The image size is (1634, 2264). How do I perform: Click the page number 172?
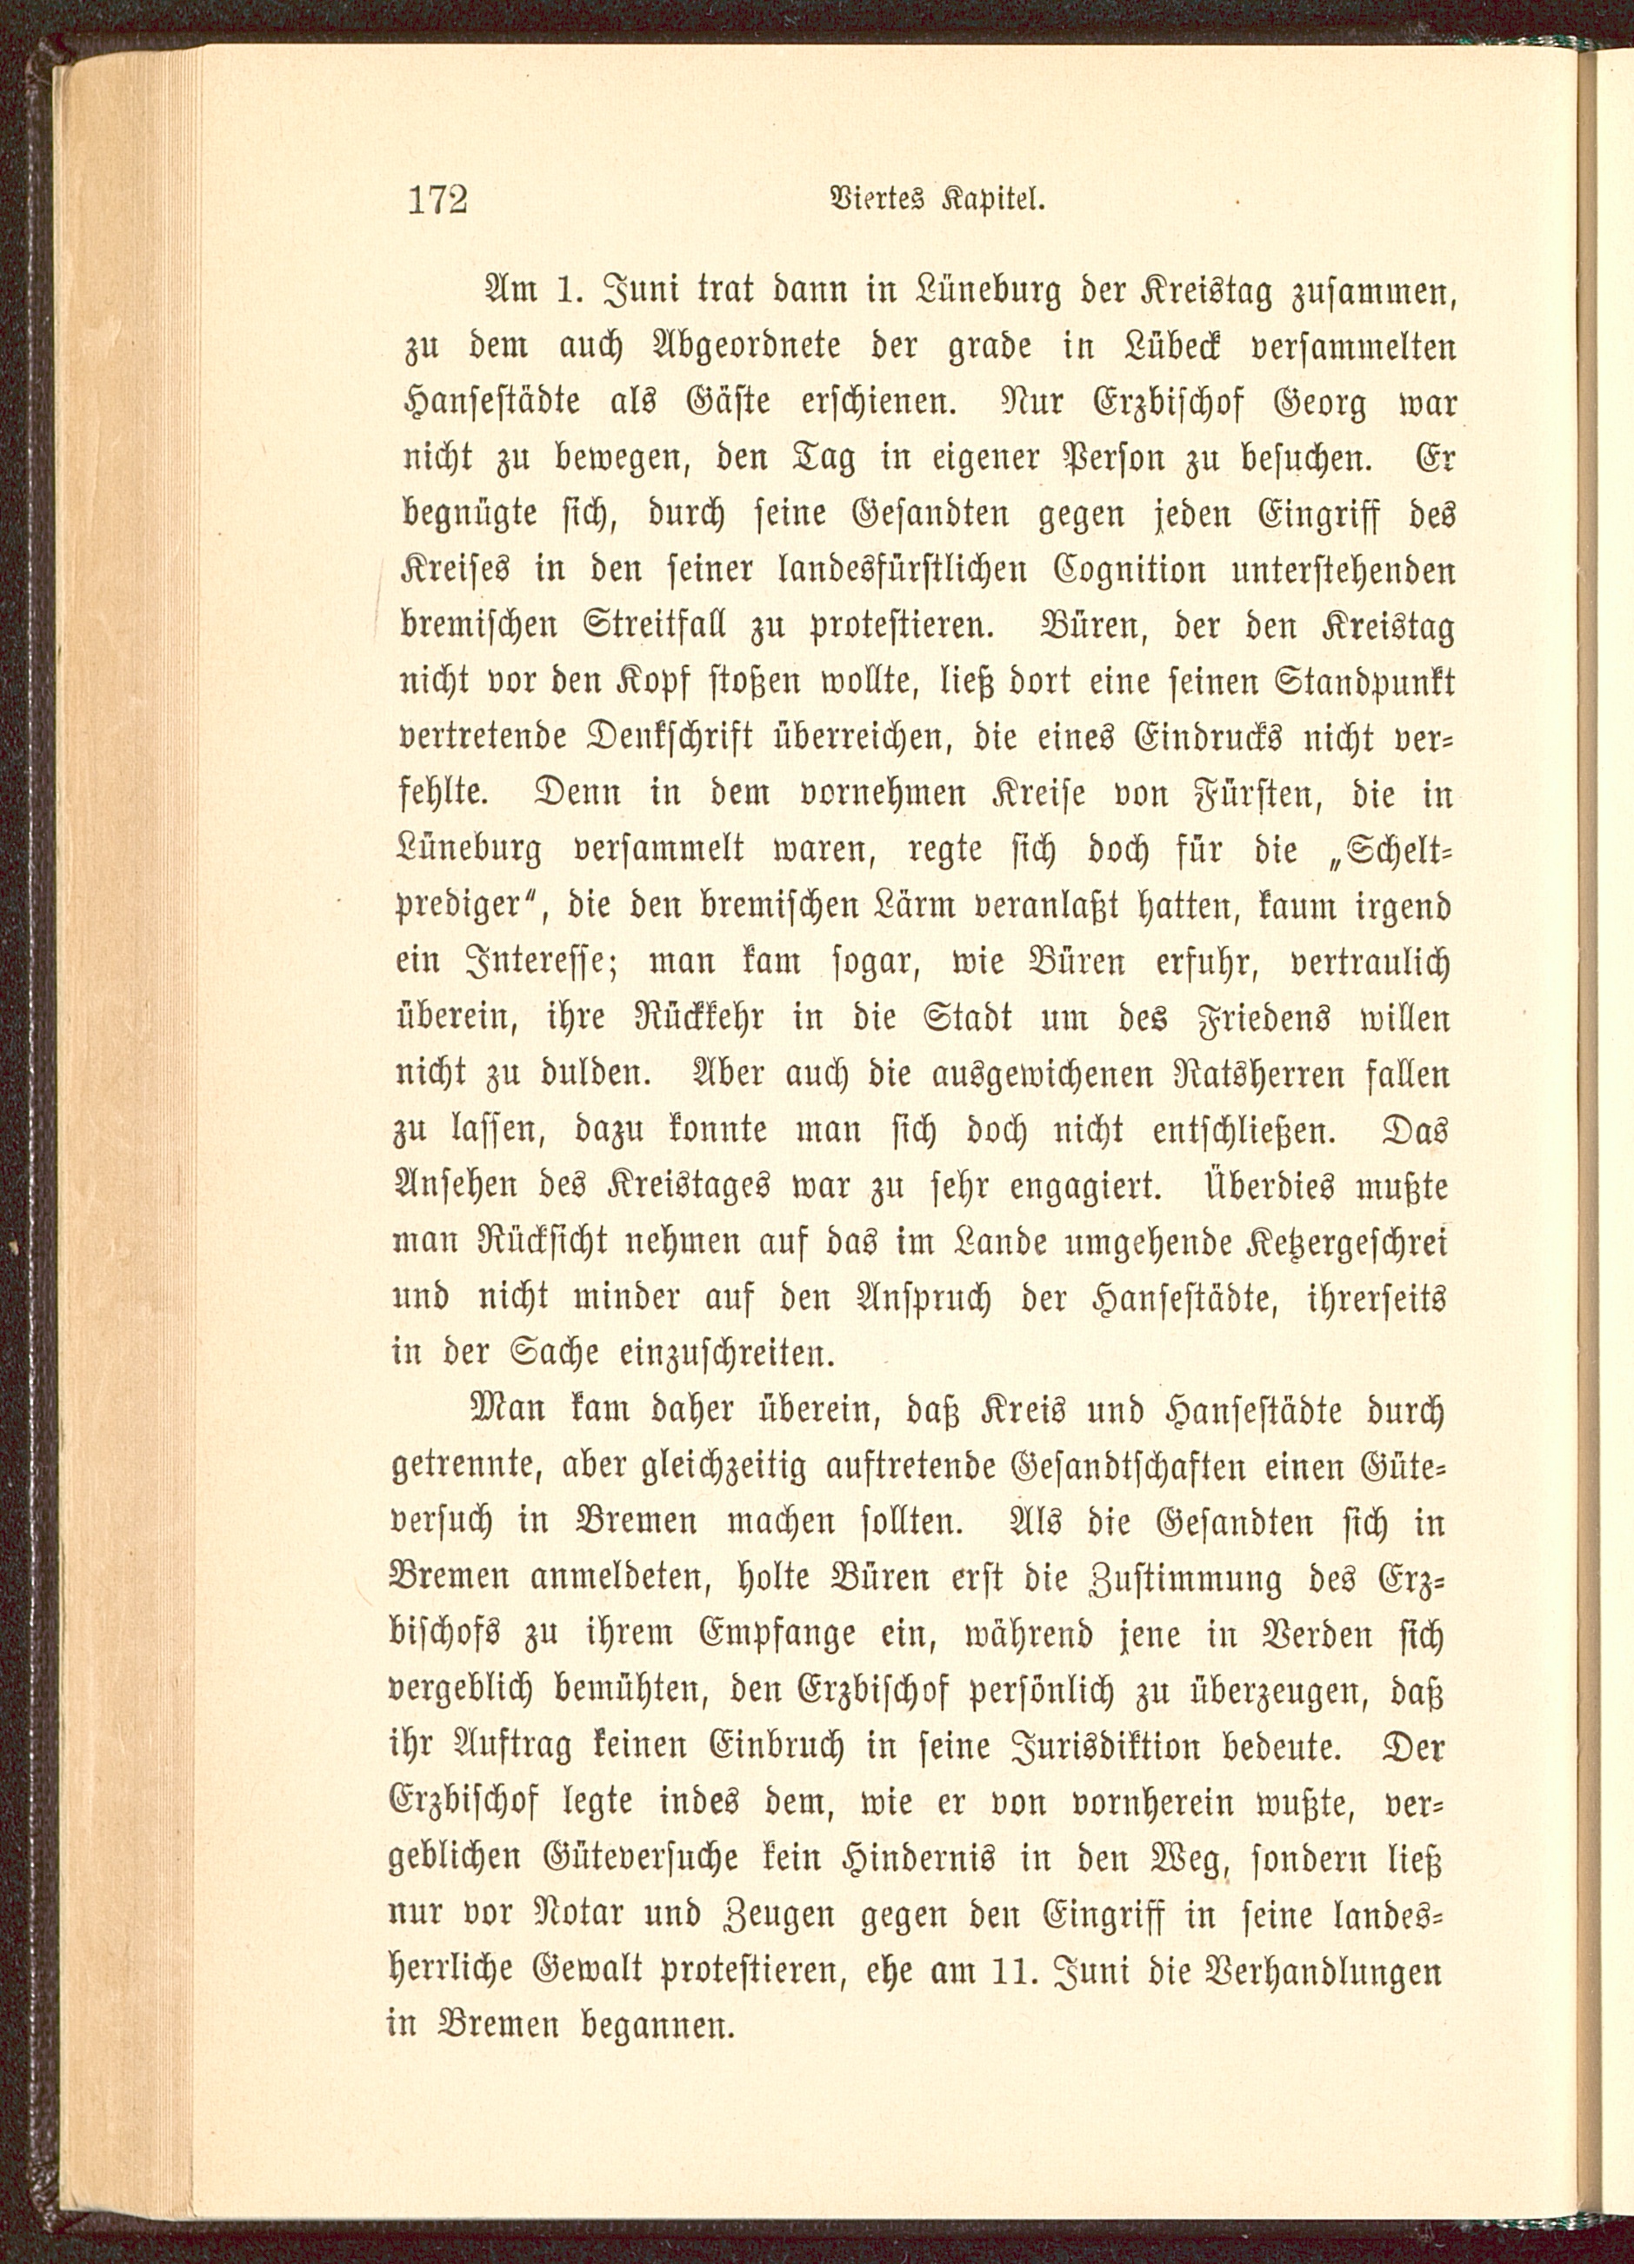click(x=437, y=201)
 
